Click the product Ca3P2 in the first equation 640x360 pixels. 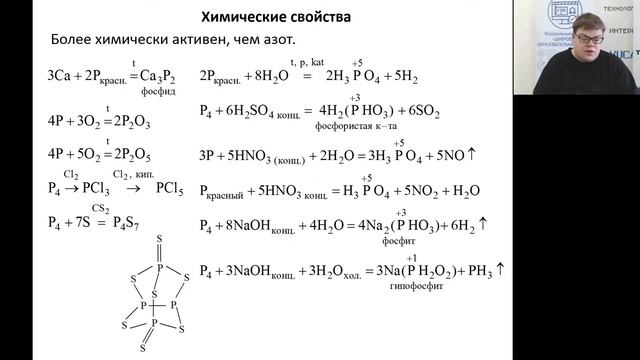158,75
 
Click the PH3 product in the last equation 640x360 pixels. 480,270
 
